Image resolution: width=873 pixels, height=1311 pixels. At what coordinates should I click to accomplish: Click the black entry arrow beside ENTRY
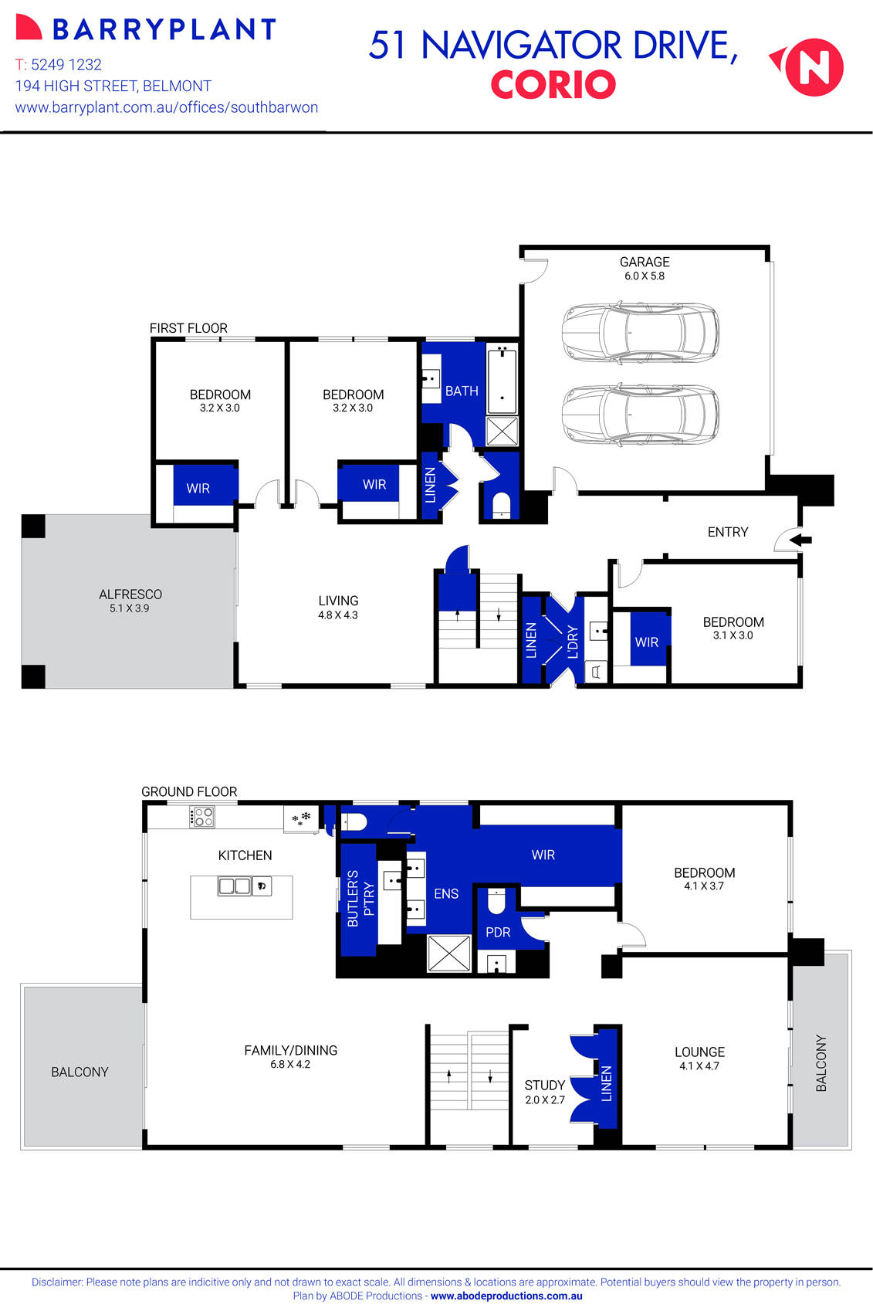(x=801, y=540)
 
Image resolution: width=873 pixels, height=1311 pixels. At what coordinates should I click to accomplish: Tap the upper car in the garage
(x=640, y=333)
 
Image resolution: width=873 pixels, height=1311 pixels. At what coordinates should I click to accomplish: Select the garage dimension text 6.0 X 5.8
(x=644, y=276)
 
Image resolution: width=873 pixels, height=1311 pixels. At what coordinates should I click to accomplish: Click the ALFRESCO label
(x=130, y=595)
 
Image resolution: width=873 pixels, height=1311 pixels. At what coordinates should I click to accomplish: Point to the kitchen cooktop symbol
(x=202, y=817)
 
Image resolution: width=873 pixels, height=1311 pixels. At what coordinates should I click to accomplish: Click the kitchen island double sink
(x=235, y=886)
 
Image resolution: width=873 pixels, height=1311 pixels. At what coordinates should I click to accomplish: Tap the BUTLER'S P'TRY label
(x=360, y=898)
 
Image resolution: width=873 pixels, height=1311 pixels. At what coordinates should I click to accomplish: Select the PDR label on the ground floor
(x=498, y=933)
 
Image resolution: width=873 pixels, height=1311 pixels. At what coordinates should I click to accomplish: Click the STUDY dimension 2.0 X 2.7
(x=545, y=1100)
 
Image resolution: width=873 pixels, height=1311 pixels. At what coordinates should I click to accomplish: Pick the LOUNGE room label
(x=699, y=1052)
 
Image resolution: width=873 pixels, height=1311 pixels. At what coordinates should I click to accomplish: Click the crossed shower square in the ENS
(x=448, y=953)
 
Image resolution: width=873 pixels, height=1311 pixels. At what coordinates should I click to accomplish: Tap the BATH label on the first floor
(x=462, y=391)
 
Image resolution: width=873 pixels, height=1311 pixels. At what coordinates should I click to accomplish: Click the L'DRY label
(x=573, y=642)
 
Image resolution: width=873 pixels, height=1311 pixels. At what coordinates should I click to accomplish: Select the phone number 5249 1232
(x=66, y=65)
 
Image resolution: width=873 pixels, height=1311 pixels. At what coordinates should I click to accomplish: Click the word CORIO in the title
(x=553, y=85)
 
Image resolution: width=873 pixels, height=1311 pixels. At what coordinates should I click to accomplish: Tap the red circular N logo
(x=814, y=67)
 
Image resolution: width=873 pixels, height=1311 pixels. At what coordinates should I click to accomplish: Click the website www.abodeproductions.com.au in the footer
(x=506, y=1296)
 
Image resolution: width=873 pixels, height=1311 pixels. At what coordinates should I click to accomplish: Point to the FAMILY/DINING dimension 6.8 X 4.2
(x=290, y=1065)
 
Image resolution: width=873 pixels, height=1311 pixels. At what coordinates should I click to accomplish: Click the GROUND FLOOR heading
(x=189, y=792)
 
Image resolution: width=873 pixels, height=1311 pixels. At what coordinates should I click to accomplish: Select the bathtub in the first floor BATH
(x=502, y=381)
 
